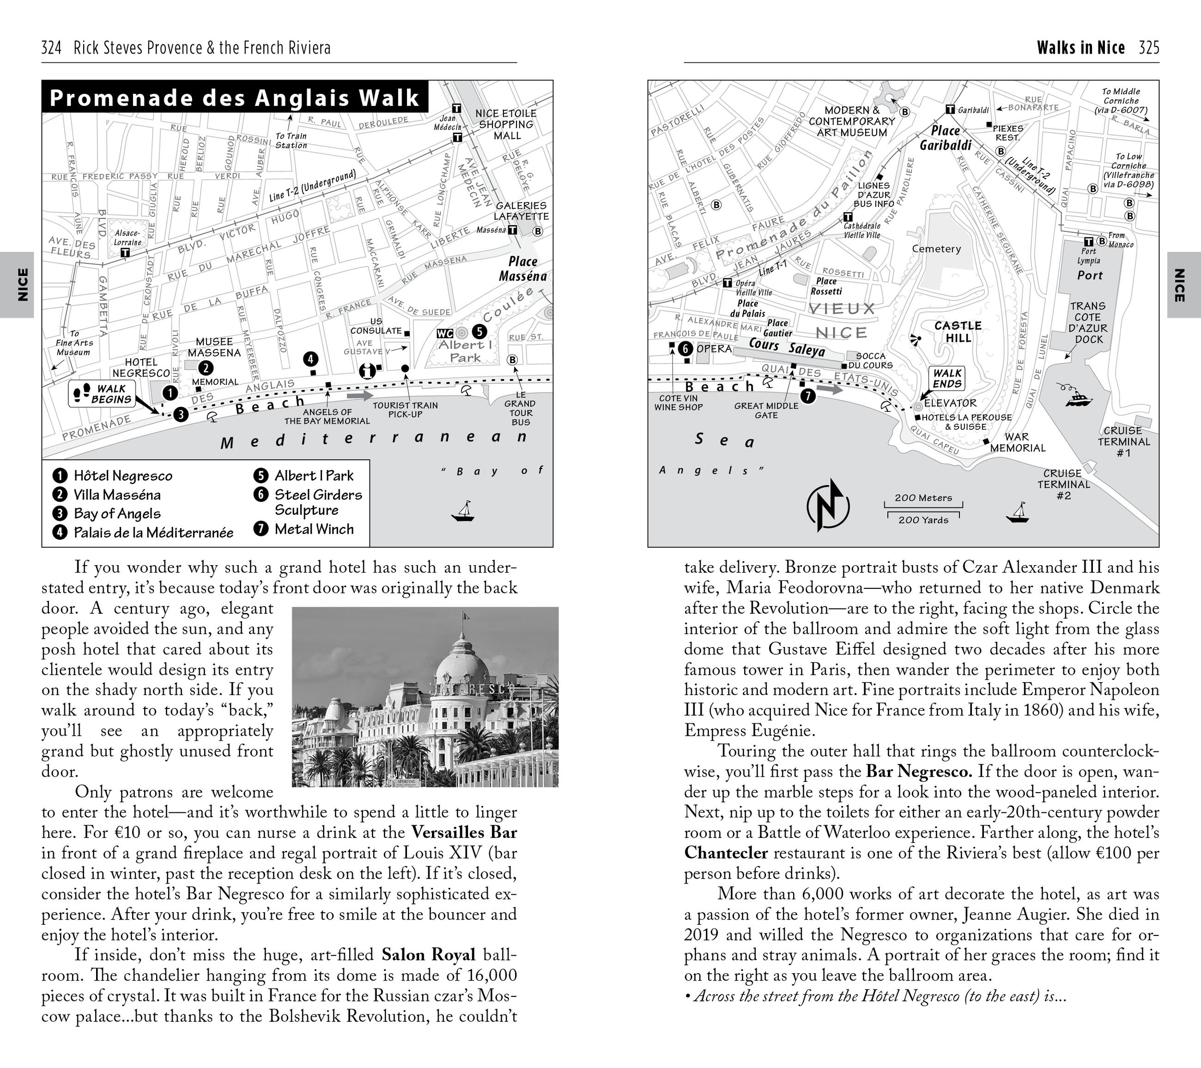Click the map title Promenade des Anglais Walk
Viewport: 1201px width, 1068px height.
click(235, 98)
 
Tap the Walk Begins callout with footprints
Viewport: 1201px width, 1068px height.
click(102, 394)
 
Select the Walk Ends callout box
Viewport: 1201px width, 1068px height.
click(946, 378)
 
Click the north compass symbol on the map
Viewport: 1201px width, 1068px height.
click(827, 505)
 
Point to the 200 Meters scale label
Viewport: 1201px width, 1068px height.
click(922, 498)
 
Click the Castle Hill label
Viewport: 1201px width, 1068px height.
click(958, 331)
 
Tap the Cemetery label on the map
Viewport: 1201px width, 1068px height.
click(936, 249)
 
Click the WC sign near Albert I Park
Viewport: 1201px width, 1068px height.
click(445, 333)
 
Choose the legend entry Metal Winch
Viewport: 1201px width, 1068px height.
click(314, 529)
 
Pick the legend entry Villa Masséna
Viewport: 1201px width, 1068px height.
click(117, 495)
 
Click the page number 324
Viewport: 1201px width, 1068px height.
click(52, 48)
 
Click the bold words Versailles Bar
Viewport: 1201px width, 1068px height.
click(464, 832)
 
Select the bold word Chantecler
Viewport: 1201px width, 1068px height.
click(726, 853)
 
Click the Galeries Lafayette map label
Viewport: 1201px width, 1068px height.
click(521, 210)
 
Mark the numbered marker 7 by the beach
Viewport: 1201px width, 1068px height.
click(808, 396)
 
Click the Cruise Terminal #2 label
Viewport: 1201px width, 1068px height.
click(1063, 484)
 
